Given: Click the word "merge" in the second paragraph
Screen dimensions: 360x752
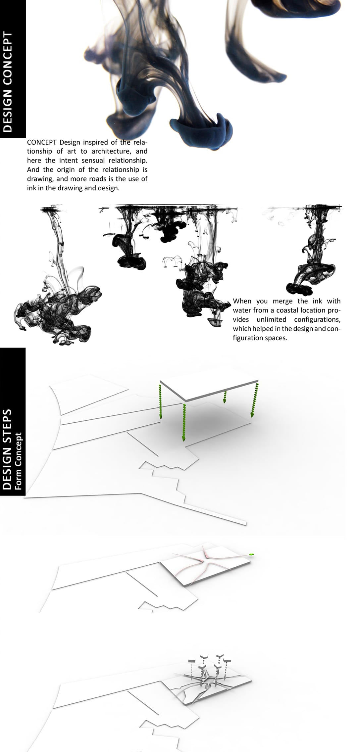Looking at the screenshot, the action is click(x=283, y=301).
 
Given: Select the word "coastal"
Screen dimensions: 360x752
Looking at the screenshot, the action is click(x=287, y=310).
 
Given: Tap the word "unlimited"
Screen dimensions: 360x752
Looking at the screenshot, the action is click(x=271, y=320).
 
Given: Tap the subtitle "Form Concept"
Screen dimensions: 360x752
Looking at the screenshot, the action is click(x=18, y=461).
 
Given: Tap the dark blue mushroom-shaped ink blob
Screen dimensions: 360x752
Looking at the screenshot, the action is click(x=201, y=131).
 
